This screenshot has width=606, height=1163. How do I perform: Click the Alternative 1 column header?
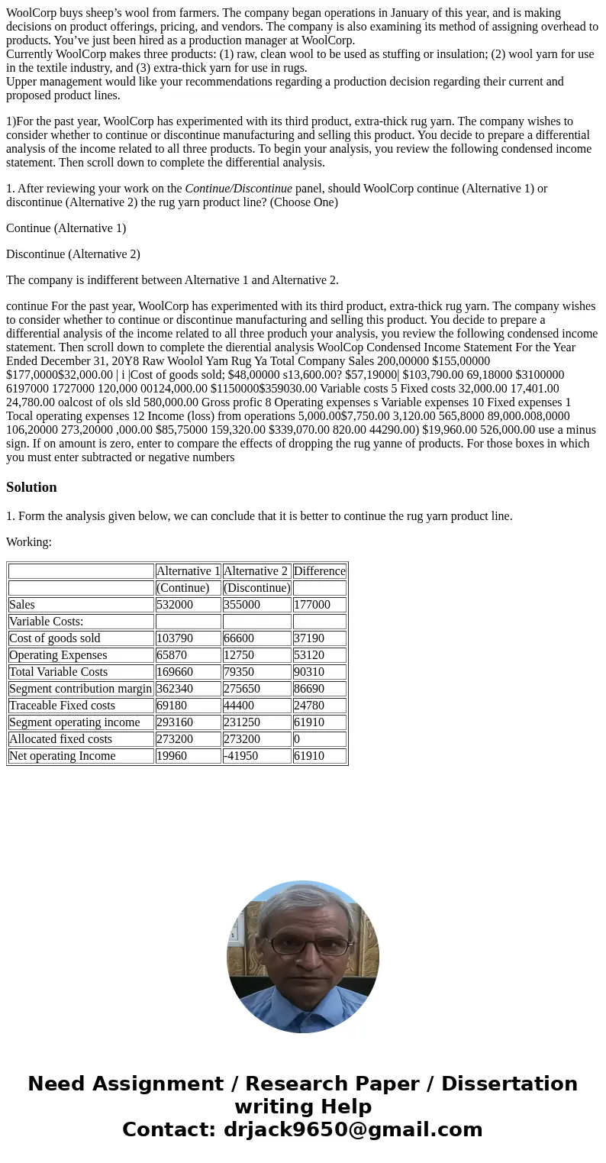point(188,571)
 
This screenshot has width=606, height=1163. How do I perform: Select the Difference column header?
point(319,571)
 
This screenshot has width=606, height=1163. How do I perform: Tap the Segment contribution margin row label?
point(80,689)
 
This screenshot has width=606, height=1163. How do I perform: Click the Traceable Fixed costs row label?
point(62,706)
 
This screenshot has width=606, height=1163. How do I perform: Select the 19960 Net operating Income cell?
point(172,756)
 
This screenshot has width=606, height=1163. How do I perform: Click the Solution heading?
point(31,487)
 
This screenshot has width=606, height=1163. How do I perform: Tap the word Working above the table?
point(28,542)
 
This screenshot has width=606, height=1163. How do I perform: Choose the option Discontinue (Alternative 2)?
point(73,254)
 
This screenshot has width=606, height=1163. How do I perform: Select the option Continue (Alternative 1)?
point(66,228)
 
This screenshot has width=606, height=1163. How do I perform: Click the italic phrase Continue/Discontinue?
point(238,189)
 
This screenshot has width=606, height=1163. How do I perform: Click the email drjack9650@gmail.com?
point(353,1130)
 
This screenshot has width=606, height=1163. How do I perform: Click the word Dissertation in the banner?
point(509,1084)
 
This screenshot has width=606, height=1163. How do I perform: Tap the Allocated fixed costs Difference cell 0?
point(297,739)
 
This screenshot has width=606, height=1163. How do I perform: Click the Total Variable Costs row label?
point(58,672)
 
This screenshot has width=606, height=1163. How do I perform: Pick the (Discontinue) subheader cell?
point(256,588)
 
